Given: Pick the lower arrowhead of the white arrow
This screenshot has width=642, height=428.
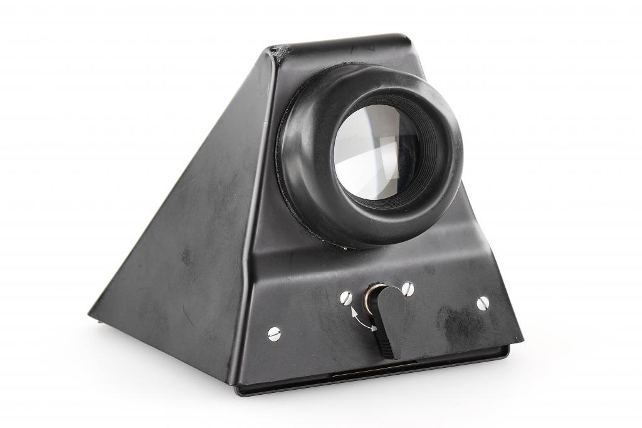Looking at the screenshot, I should pos(373,328).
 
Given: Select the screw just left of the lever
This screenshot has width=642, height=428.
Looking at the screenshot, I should pos(347,298).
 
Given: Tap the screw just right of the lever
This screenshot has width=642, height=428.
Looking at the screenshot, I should pos(408,289).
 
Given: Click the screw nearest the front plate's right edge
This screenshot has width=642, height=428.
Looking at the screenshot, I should pos(482,303).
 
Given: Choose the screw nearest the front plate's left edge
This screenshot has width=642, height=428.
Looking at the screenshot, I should pos(274,333).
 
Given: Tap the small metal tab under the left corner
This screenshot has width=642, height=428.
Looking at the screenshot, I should pos(100,321).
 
